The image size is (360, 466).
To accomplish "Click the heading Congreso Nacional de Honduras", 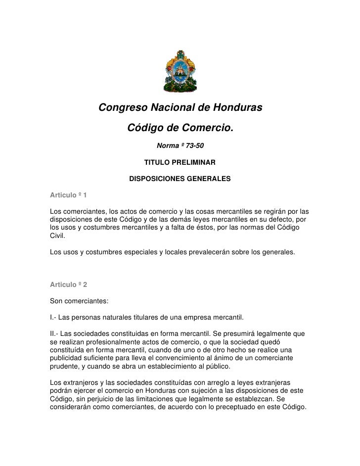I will [x=180, y=108].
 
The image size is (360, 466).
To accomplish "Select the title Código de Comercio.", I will [x=180, y=129].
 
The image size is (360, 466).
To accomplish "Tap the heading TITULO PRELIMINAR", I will [x=180, y=162].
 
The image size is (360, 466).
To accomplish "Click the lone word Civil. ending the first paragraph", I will [x=58, y=236].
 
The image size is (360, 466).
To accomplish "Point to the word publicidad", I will [x=68, y=357].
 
